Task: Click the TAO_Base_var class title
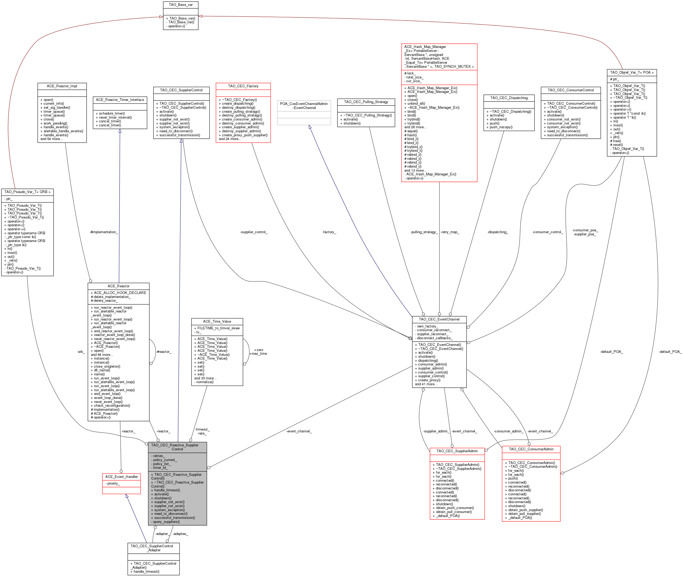click(x=181, y=5)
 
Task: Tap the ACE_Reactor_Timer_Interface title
click(x=120, y=100)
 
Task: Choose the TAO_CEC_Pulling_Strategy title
click(x=366, y=102)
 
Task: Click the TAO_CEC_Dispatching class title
click(x=509, y=98)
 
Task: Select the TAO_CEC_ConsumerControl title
click(x=570, y=90)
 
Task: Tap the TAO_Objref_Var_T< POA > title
click(x=632, y=73)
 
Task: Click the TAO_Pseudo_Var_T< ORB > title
click(x=28, y=192)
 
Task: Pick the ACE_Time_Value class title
click(x=217, y=322)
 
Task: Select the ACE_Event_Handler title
click(x=121, y=477)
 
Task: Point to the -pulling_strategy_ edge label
click(x=424, y=232)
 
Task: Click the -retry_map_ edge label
click(x=450, y=232)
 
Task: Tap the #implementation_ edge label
click(x=104, y=232)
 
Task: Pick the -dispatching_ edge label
click(x=498, y=232)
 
